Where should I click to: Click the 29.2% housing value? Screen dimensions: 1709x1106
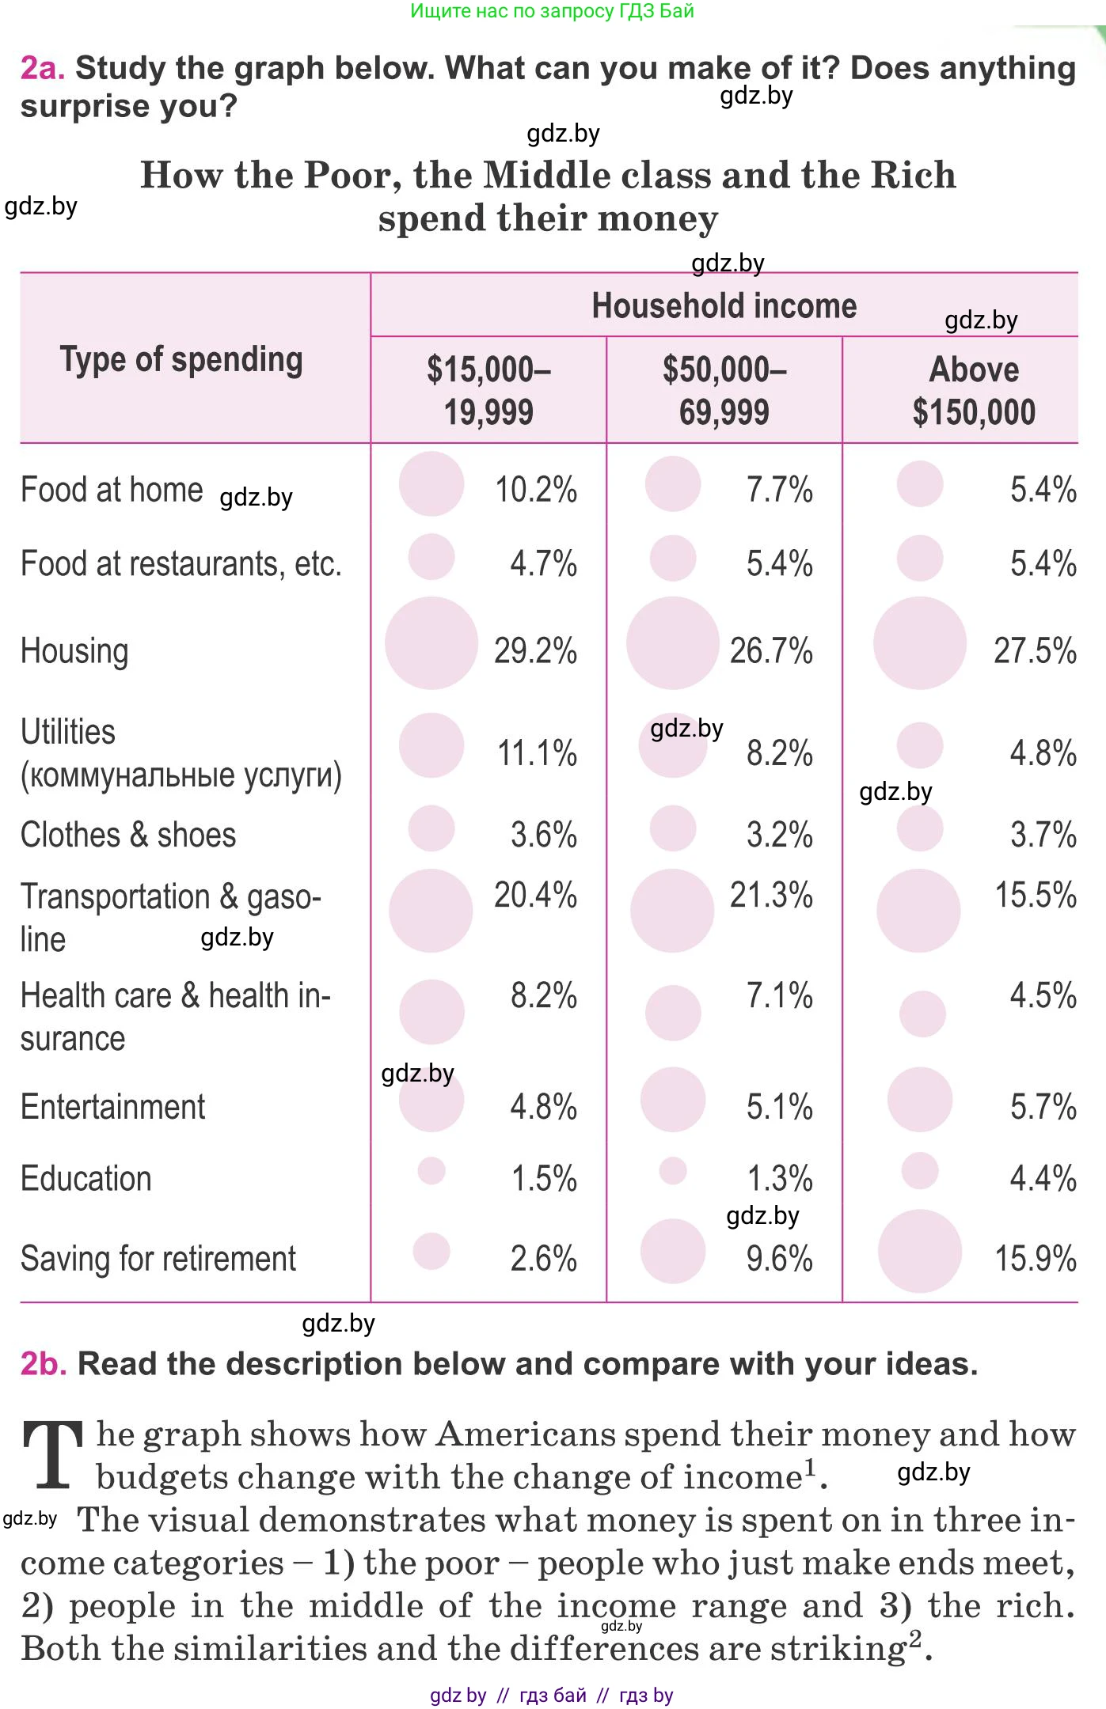point(535,651)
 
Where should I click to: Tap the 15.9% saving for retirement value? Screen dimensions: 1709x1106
point(1035,1259)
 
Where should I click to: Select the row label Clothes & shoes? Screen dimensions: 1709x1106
point(128,836)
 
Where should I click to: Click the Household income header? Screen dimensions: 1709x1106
point(724,306)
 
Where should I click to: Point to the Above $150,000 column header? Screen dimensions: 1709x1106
point(974,391)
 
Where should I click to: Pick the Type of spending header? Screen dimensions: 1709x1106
point(181,360)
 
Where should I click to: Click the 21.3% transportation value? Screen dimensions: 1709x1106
point(770,896)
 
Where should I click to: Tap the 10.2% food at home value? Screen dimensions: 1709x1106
point(535,490)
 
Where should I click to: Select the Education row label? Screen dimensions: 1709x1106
point(86,1179)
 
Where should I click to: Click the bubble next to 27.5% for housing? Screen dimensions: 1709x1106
point(919,643)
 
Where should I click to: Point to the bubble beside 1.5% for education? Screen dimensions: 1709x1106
point(431,1170)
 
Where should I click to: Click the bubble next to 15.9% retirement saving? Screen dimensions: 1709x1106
point(919,1251)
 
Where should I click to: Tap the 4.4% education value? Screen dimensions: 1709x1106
point(1043,1179)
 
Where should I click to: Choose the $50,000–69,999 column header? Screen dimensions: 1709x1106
point(724,391)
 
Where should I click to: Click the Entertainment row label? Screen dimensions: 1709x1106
point(113,1107)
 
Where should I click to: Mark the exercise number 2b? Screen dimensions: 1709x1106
point(43,1364)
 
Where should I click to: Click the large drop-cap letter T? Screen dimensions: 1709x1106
point(53,1454)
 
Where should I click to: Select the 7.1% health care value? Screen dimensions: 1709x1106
point(779,996)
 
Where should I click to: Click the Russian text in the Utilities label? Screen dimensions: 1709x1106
point(181,775)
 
